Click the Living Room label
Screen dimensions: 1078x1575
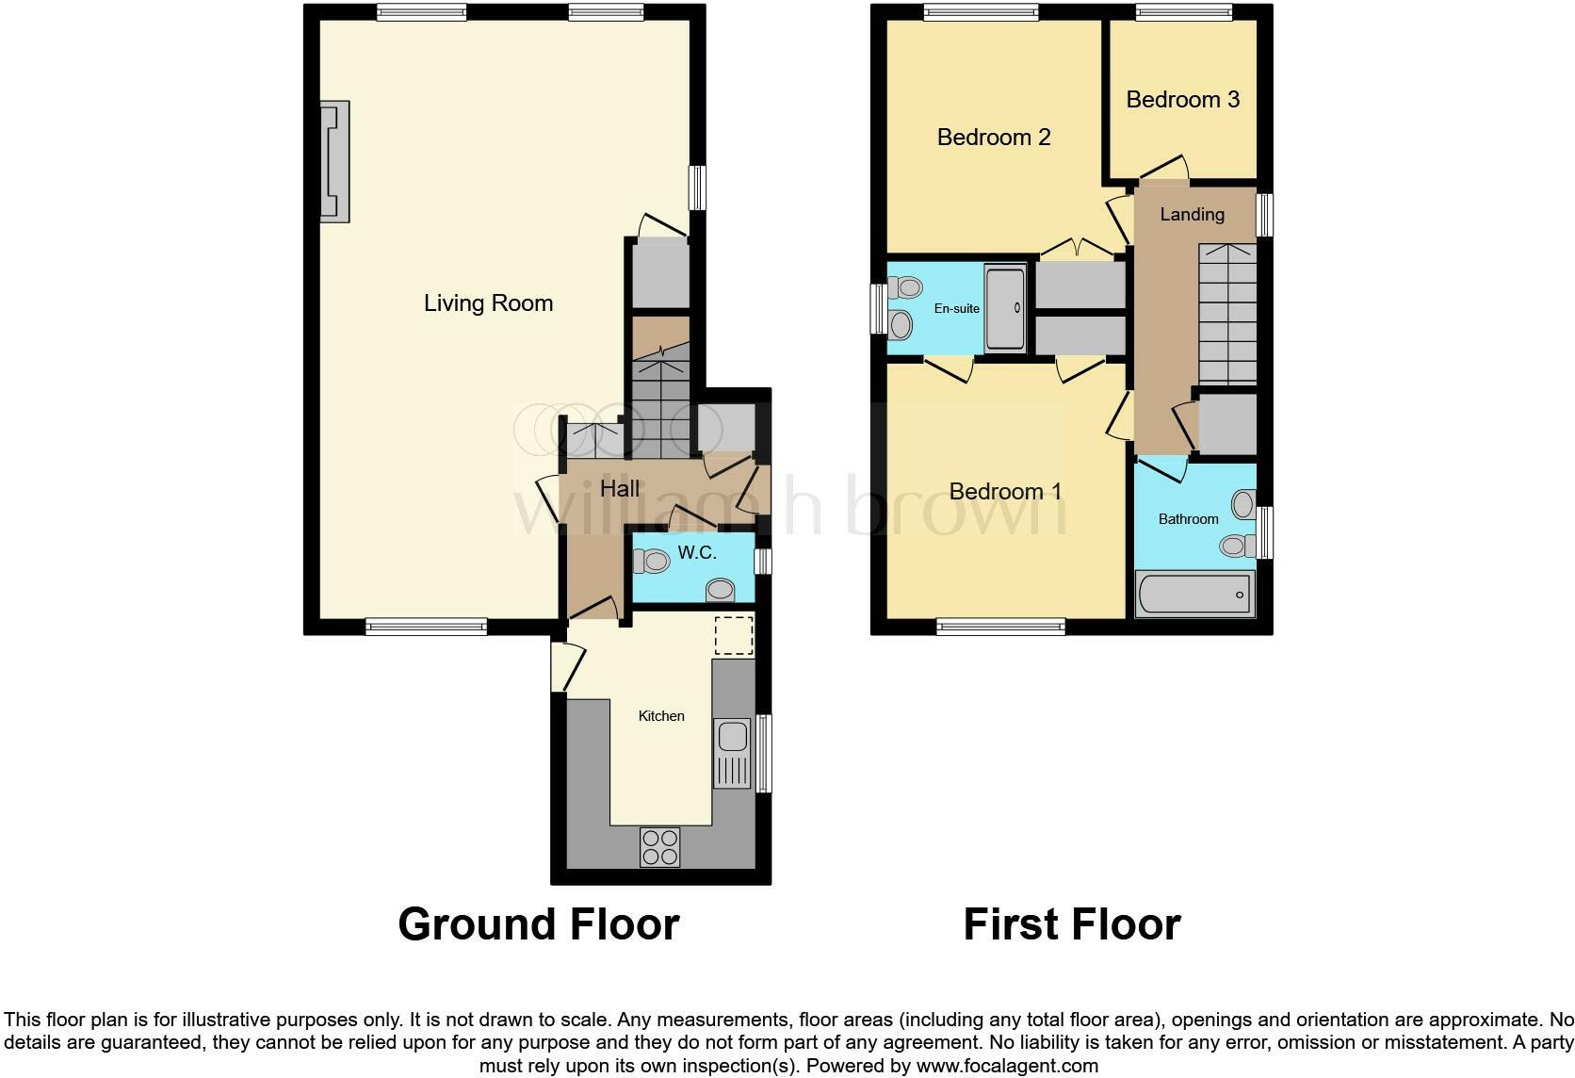click(488, 303)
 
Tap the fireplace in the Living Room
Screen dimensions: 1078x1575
click(335, 161)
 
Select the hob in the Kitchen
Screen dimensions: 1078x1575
click(659, 845)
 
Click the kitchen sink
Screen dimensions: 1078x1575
click(732, 751)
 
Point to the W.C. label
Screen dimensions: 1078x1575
click(697, 553)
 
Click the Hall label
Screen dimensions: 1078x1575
click(620, 488)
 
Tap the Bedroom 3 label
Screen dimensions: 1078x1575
click(1182, 100)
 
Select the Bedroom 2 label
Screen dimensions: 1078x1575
click(994, 138)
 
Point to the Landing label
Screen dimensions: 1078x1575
click(1192, 215)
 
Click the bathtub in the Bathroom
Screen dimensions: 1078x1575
click(1194, 594)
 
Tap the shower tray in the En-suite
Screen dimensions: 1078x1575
click(1004, 308)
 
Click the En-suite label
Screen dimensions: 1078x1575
click(956, 308)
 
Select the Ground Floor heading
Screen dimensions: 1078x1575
click(538, 924)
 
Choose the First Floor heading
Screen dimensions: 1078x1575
click(1071, 924)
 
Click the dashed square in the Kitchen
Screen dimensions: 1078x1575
click(734, 635)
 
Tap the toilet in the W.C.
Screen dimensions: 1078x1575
click(651, 562)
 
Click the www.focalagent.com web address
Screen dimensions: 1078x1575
click(1007, 1066)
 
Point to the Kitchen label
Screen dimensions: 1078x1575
click(661, 716)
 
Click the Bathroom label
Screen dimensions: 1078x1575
click(1188, 519)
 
